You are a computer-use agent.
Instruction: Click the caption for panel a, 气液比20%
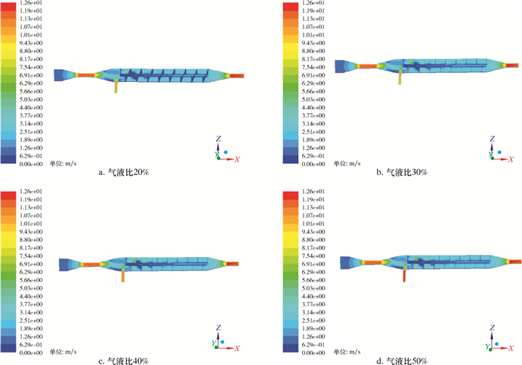pos(124,172)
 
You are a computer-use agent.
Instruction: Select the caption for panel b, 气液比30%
pos(402,172)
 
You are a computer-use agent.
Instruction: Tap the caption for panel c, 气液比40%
pos(124,361)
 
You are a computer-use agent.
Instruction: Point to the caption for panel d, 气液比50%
pos(402,361)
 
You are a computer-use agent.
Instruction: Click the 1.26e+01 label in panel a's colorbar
pos(31,3)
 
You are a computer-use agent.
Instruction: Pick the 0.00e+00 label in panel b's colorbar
pos(313,164)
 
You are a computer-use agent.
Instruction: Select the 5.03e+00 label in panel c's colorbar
pos(31,288)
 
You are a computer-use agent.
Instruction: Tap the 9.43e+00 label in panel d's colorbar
pos(313,232)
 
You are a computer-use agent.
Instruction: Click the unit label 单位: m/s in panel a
pos(63,163)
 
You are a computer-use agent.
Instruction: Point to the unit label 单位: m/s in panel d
pos(348,352)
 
